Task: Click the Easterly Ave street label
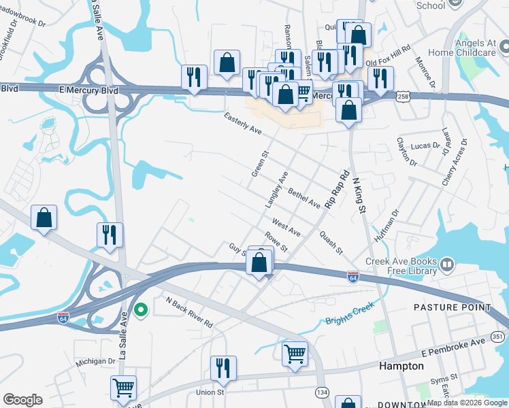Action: (243, 124)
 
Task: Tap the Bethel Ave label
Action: (303, 198)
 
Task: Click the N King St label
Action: (355, 197)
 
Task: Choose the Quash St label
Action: (331, 239)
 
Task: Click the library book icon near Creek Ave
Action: (447, 263)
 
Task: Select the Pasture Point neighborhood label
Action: (453, 307)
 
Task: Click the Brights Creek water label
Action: (350, 313)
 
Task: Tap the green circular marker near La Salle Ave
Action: (141, 310)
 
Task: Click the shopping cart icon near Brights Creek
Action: (294, 353)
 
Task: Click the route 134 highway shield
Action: (321, 393)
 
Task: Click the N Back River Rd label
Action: (189, 312)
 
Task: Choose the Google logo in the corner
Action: (22, 399)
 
